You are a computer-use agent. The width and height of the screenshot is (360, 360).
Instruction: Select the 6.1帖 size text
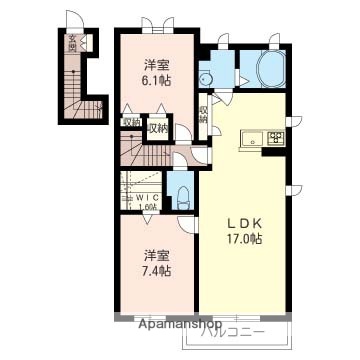click(155, 81)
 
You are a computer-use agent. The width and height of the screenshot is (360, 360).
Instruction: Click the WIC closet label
click(148, 197)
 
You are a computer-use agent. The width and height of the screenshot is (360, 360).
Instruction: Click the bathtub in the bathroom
click(271, 72)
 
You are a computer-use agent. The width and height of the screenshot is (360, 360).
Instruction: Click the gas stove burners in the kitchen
click(274, 139)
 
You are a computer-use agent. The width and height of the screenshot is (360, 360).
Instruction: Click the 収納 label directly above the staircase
click(157, 127)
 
